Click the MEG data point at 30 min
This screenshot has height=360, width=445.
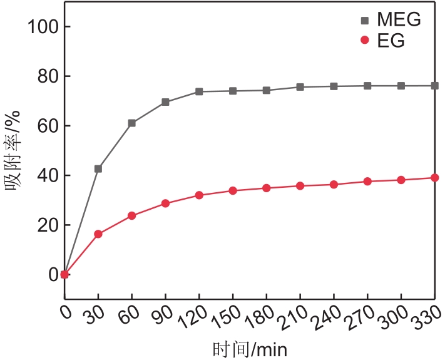click(x=98, y=168)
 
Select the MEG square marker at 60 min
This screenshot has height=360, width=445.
click(x=132, y=123)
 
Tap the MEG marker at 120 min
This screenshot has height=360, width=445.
click(x=199, y=91)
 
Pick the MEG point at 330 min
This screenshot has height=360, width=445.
click(x=434, y=85)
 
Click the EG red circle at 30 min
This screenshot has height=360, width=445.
click(x=98, y=234)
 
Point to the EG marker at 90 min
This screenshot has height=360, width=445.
click(x=165, y=203)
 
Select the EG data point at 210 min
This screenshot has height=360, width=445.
click(x=300, y=186)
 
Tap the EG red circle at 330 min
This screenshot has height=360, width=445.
click(x=434, y=178)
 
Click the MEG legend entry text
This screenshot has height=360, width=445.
click(x=398, y=20)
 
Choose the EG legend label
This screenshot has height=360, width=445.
click(x=391, y=41)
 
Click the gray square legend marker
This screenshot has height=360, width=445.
click(x=365, y=20)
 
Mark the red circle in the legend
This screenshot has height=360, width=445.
click(x=365, y=41)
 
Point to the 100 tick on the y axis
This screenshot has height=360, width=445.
click(x=42, y=27)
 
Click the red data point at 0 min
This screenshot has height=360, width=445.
click(x=64, y=274)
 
